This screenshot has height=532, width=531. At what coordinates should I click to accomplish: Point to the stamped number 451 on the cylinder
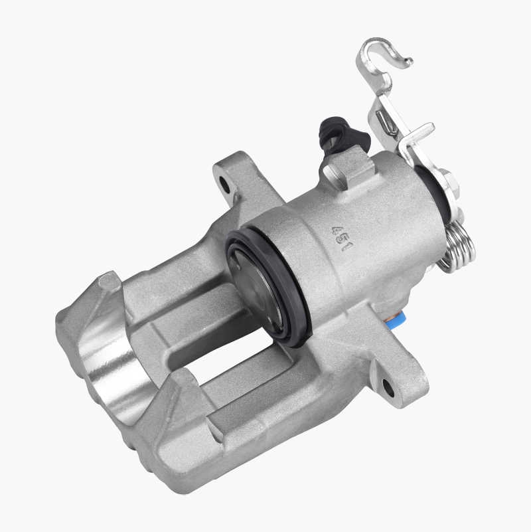pos(341,238)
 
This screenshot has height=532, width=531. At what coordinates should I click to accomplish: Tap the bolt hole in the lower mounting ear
pos(388,387)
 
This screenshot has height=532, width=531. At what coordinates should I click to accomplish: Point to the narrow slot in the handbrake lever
pos(386,122)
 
